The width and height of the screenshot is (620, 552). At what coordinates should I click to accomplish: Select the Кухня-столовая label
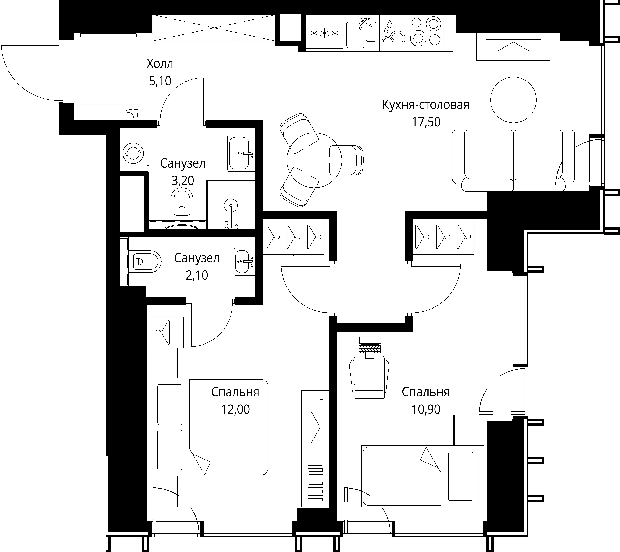click(426, 105)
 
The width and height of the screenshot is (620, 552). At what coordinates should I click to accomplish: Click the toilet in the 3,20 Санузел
click(182, 205)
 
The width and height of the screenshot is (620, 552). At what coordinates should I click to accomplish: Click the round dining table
click(314, 160)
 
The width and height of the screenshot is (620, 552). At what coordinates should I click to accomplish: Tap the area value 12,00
click(235, 409)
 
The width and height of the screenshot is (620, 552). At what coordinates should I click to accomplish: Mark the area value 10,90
click(426, 409)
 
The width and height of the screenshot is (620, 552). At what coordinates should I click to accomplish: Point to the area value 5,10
click(160, 81)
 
